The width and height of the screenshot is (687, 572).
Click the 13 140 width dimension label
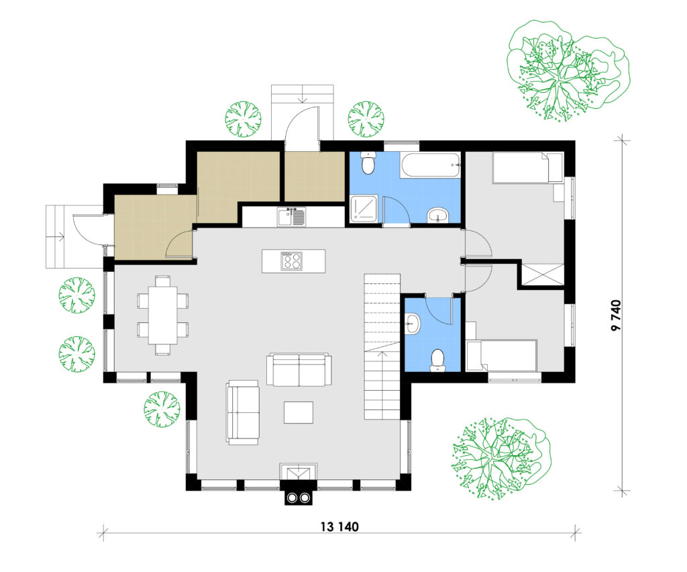339,526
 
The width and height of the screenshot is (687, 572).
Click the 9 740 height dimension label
616,316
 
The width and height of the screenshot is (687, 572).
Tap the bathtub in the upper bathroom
430,165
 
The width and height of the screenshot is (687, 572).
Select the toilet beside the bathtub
368,162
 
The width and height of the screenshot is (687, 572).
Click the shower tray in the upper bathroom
364,209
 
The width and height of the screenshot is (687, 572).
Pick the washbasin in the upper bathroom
437,216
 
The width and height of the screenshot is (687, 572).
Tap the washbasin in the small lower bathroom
413,324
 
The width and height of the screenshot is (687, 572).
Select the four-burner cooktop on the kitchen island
291,260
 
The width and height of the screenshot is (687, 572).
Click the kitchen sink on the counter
291,217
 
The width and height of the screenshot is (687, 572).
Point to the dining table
162,315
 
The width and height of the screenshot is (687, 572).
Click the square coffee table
299,412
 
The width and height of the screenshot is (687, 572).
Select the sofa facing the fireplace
299,369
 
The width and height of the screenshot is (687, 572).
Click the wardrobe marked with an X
541,275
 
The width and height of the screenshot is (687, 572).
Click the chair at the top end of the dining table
163,281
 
